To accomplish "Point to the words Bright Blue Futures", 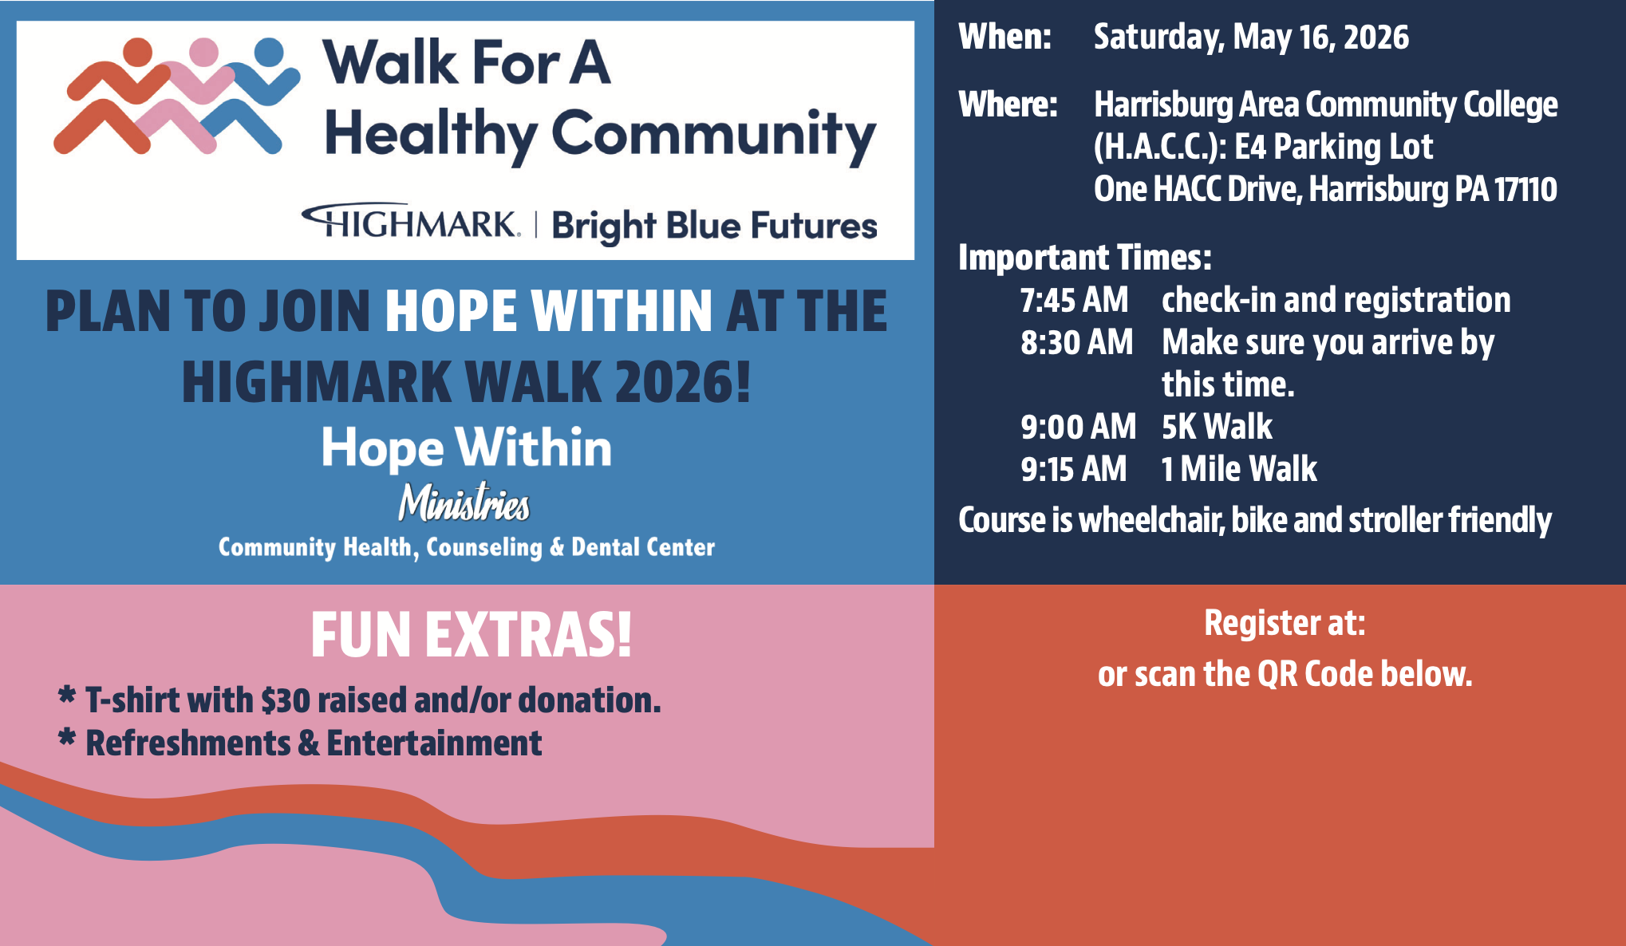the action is click(x=714, y=227).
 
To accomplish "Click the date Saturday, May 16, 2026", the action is click(x=1251, y=38).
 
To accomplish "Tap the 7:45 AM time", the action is click(x=1074, y=301).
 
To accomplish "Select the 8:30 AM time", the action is click(x=1076, y=343).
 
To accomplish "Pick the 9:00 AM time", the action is click(x=1078, y=428).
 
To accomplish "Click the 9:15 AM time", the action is click(x=1073, y=470).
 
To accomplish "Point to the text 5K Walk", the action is click(x=1217, y=428).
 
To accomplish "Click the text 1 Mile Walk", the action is click(x=1239, y=470).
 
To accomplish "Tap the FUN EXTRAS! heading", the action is click(x=472, y=636).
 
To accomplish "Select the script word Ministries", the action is click(x=464, y=503).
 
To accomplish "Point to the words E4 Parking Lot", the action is click(x=1334, y=148).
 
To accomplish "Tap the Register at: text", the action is click(x=1285, y=624).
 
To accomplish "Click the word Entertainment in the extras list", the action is click(x=435, y=743).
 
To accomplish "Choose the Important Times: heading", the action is click(x=1085, y=258).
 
